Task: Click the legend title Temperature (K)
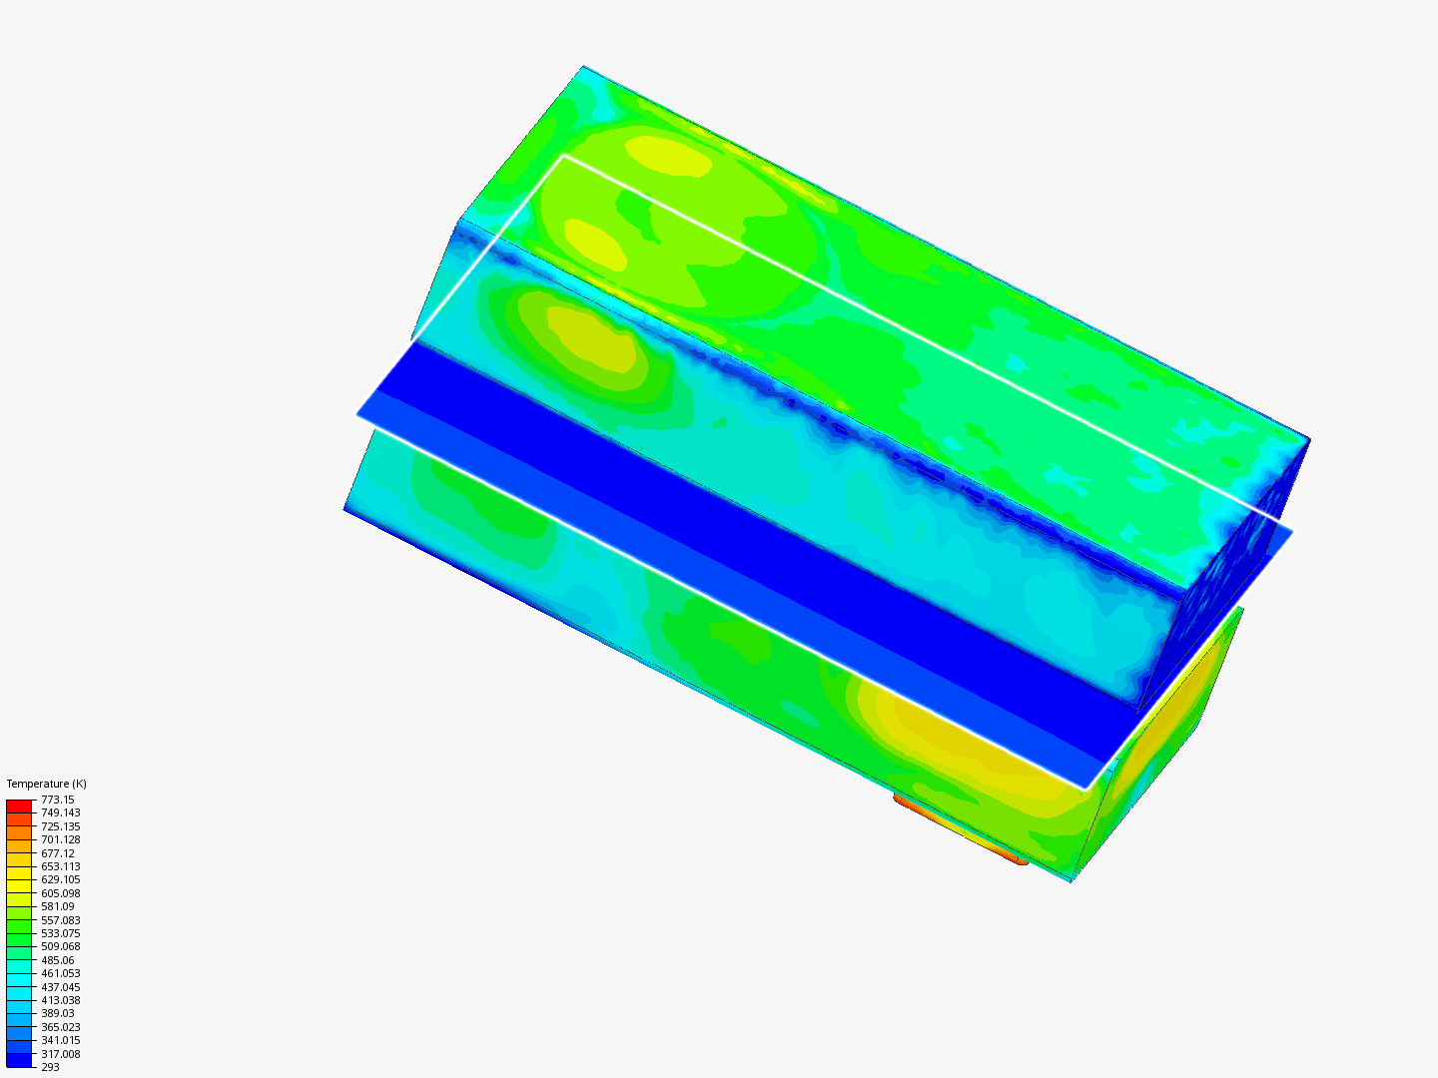coord(47,784)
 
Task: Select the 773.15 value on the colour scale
coord(58,800)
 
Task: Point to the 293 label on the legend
coord(51,1067)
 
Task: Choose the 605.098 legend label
coord(60,893)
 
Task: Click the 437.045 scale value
coord(60,987)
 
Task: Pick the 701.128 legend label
coord(60,839)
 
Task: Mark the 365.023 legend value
coord(60,1027)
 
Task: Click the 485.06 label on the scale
coord(58,960)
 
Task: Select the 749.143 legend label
coord(60,812)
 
